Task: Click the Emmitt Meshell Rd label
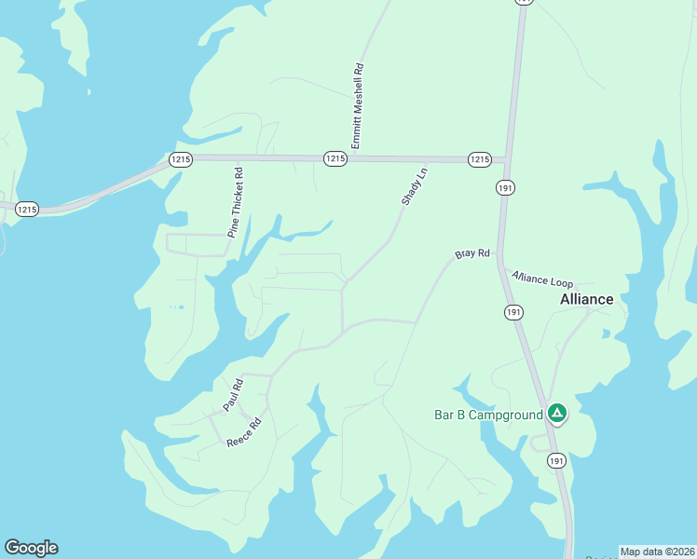356,105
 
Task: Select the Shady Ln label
414,186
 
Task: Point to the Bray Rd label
471,253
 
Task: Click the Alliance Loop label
542,279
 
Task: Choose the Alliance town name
587,299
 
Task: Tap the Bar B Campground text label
488,415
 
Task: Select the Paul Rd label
233,395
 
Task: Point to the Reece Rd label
245,431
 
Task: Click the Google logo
31,548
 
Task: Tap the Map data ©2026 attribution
657,552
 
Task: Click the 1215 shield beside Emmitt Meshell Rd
335,159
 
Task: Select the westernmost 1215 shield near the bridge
27,210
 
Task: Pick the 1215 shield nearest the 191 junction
479,159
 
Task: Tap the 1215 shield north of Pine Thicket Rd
181,159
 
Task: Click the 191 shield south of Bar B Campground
556,461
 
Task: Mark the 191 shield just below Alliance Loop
513,312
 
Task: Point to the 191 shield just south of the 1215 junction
505,188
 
